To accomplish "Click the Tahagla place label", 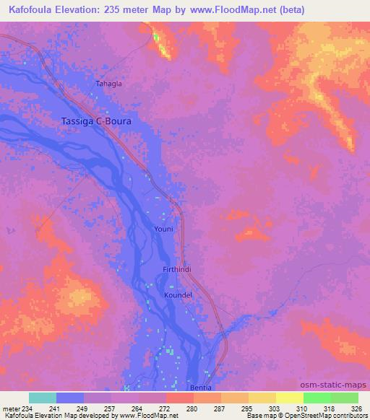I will pyautogui.click(x=109, y=84).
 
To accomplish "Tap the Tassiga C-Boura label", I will pyautogui.click(x=95, y=122).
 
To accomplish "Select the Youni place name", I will pyautogui.click(x=164, y=229).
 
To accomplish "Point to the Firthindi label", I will pyautogui.click(x=176, y=270).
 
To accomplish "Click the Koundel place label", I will pyautogui.click(x=178, y=295).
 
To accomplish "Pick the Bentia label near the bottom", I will pyautogui.click(x=200, y=388).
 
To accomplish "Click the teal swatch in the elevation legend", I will pyautogui.click(x=43, y=398).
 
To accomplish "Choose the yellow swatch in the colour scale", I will pyautogui.click(x=289, y=398).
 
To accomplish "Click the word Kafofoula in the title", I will pyautogui.click(x=35, y=10).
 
